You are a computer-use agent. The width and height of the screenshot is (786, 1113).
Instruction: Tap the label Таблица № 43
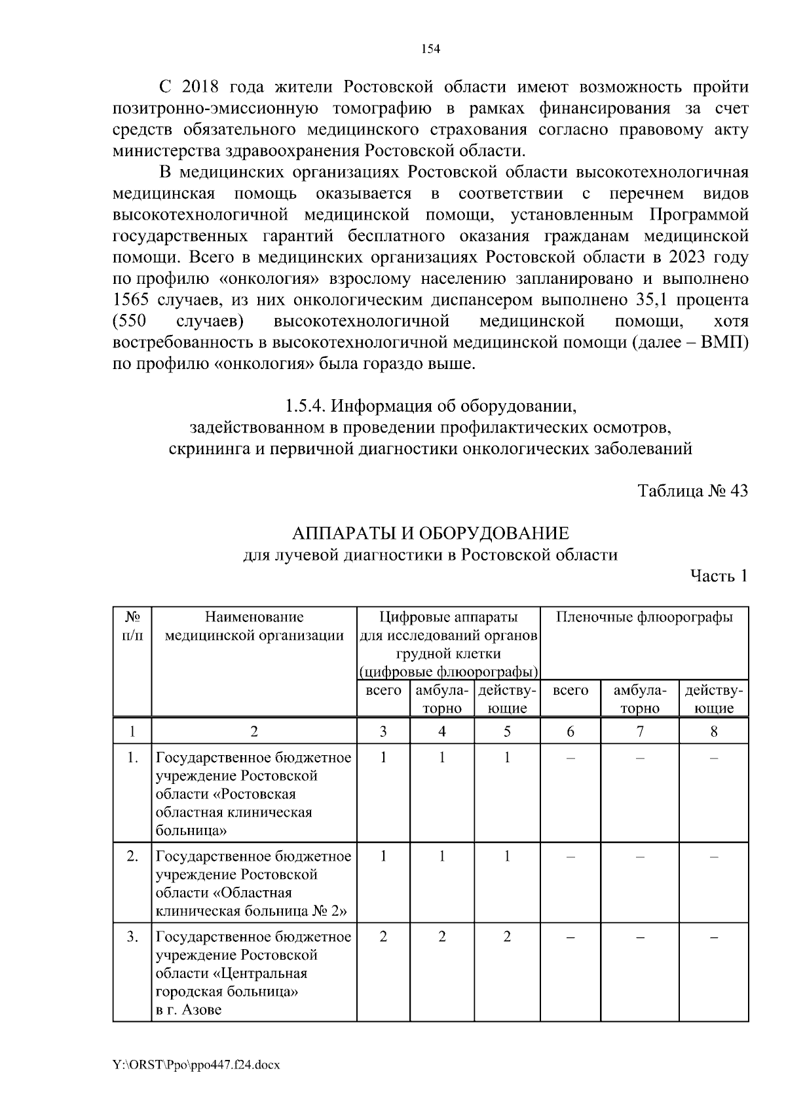693,492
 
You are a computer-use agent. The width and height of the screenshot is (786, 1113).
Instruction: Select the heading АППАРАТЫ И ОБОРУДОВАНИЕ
430,533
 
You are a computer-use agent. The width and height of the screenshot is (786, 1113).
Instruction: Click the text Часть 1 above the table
719,576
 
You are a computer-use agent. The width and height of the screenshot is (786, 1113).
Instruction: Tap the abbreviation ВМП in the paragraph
724,343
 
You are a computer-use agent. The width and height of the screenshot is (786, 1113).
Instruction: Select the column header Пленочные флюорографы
644,617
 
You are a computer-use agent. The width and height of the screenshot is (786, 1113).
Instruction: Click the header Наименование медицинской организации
254,626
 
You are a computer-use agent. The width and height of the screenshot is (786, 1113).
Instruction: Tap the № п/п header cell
132,626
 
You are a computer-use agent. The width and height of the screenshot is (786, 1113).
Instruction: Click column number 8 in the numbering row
713,732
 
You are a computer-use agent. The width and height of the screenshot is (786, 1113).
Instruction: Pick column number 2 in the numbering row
254,732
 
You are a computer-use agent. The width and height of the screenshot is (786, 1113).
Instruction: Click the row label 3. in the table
132,937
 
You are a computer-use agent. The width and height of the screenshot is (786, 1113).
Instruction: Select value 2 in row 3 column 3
383,937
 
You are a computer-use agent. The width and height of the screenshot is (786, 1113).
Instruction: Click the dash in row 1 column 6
570,758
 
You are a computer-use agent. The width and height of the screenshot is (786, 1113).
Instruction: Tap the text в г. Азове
189,1010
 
